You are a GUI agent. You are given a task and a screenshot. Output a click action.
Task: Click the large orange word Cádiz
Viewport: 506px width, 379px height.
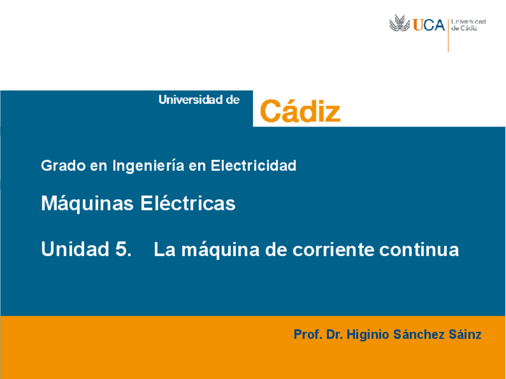[x=300, y=112]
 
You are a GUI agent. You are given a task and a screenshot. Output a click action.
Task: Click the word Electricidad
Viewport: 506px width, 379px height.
[x=254, y=165]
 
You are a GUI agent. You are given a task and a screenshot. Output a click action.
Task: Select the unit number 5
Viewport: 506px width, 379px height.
[x=122, y=249]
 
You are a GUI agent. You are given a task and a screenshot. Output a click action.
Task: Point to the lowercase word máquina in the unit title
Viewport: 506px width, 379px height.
[x=214, y=249]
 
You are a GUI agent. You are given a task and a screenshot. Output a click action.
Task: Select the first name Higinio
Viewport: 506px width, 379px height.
[x=368, y=334]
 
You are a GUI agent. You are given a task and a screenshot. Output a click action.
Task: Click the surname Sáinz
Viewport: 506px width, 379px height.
[x=465, y=334]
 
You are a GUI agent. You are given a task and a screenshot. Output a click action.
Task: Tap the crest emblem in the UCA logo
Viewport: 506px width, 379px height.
[x=400, y=24]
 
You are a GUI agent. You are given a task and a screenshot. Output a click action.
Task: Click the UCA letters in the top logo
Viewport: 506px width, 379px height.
[x=428, y=25]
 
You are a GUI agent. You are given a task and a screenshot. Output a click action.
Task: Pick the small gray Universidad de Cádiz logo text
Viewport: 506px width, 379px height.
[x=468, y=25]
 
